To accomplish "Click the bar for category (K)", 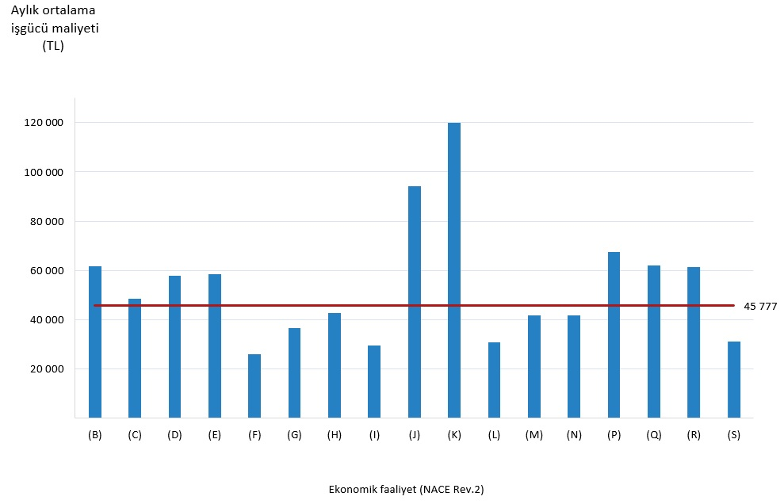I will click(453, 269).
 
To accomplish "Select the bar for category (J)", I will click(414, 301).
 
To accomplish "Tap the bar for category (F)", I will click(254, 386).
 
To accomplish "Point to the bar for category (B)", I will click(95, 342).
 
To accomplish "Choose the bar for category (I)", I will click(374, 381).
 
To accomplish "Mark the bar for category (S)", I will click(733, 380).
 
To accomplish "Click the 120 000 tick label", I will click(44, 123).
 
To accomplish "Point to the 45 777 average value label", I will click(760, 306).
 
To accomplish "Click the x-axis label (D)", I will click(174, 435).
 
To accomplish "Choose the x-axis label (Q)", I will click(653, 435).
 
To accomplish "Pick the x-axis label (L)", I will click(494, 435).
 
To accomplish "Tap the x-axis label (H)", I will click(335, 435).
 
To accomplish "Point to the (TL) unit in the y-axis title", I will click(53, 46).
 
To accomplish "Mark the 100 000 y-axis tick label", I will click(44, 172).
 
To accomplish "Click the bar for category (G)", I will click(294, 372).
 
